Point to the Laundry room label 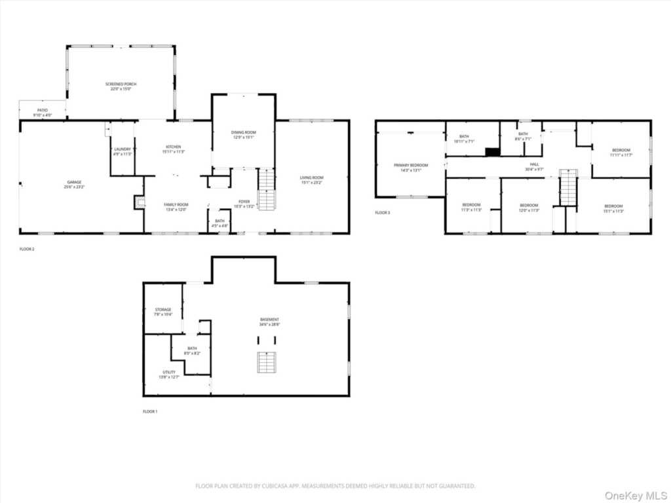coord(123,149)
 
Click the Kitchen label coord(173,147)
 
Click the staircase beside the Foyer coord(267,189)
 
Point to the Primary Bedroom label coord(411,166)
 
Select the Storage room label coord(163,310)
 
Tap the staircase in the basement coord(266,362)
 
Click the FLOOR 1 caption coord(150,411)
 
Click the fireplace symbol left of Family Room coord(140,202)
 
